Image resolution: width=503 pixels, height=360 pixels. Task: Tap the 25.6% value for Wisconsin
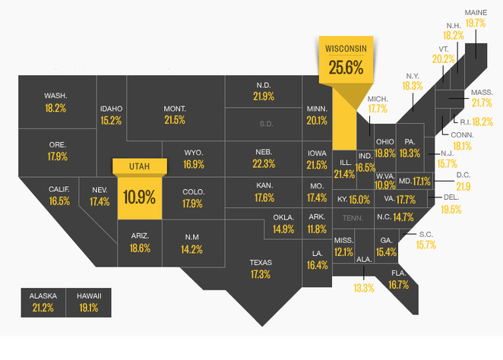(346, 68)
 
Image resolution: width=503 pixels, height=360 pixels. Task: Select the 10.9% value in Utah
(138, 198)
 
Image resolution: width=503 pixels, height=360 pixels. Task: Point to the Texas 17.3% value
(260, 274)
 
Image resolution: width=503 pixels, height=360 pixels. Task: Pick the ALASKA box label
(43, 295)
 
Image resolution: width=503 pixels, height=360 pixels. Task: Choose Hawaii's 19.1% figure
(88, 308)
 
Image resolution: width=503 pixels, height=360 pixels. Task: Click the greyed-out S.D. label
(265, 123)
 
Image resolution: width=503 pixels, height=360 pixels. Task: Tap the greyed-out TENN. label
(353, 217)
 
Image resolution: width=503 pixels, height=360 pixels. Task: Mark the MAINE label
(476, 11)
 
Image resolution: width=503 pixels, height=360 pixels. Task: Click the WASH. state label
(55, 96)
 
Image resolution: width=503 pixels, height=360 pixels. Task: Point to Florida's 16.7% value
(398, 285)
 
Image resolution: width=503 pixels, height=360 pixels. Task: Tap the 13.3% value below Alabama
(364, 288)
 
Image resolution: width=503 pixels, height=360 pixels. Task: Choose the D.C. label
(463, 175)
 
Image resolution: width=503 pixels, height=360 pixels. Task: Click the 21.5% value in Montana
(174, 120)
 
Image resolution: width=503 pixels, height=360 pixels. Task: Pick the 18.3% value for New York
(412, 86)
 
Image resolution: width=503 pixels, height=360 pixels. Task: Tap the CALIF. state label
(59, 189)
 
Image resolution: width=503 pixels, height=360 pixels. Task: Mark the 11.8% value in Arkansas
(318, 229)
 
